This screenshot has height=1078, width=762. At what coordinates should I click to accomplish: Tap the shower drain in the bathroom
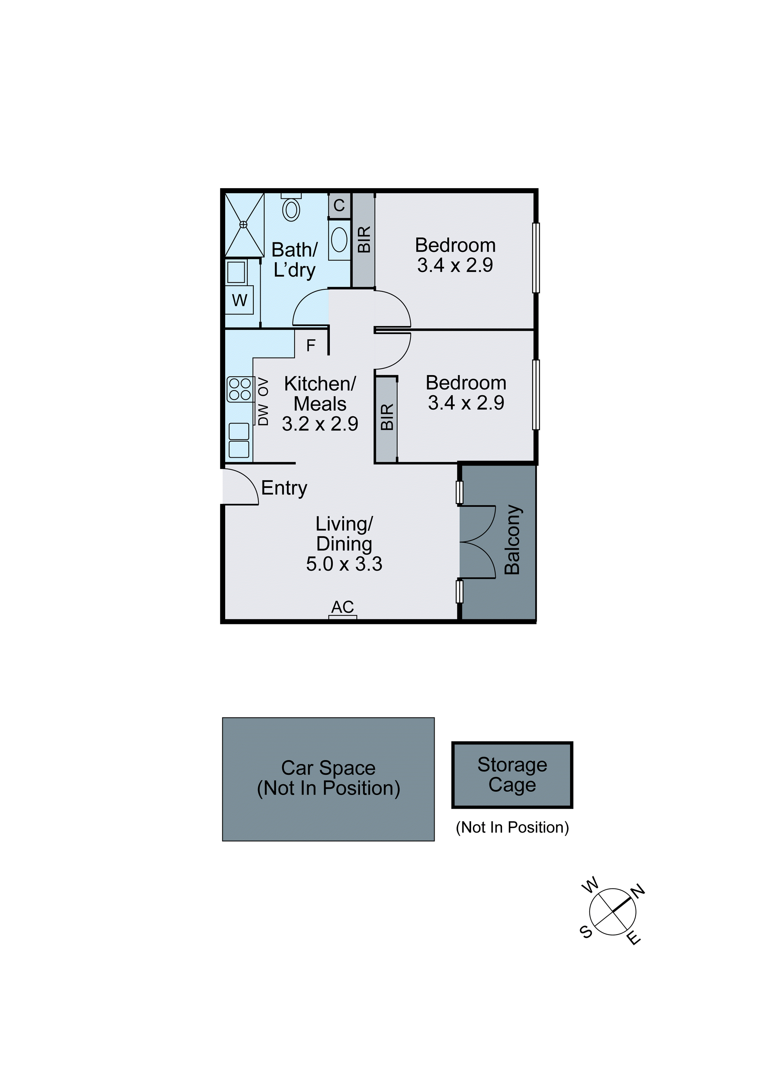pyautogui.click(x=243, y=224)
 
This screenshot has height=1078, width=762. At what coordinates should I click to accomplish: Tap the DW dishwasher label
pyautogui.click(x=263, y=415)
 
